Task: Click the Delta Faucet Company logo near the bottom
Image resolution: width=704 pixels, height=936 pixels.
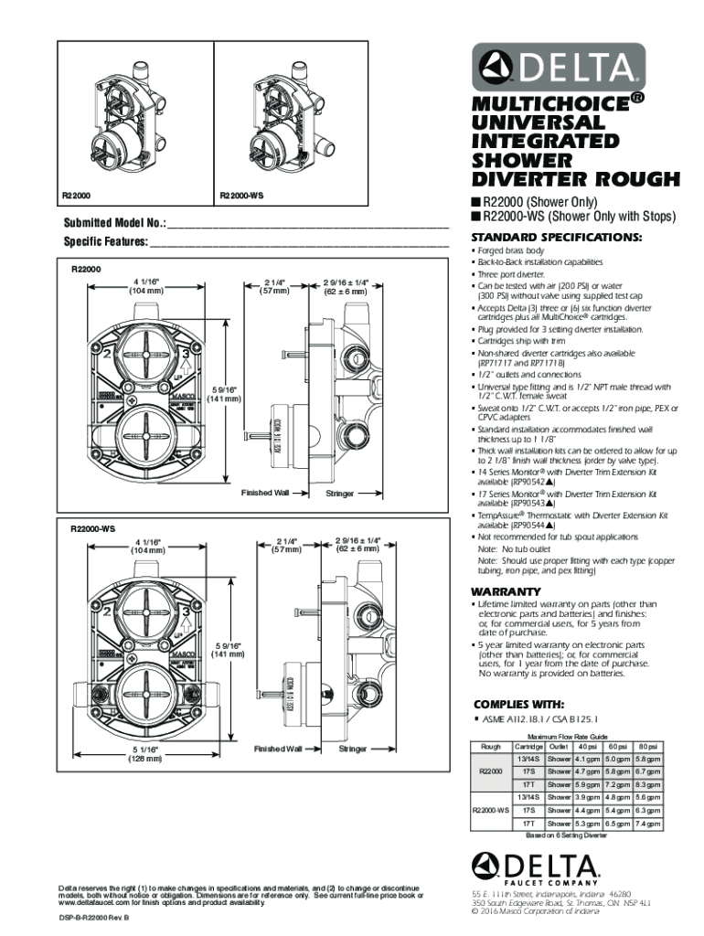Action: (x=535, y=866)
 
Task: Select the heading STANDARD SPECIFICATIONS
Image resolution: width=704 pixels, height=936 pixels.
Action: (x=557, y=238)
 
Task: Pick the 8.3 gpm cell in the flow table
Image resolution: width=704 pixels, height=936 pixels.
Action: (x=647, y=784)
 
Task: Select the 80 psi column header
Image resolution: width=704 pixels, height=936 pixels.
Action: (x=647, y=747)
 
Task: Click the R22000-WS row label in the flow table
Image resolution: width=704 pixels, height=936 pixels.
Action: (x=491, y=810)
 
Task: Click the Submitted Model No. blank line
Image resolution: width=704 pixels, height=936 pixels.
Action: (x=308, y=224)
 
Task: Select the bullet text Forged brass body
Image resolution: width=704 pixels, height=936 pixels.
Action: (x=511, y=250)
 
